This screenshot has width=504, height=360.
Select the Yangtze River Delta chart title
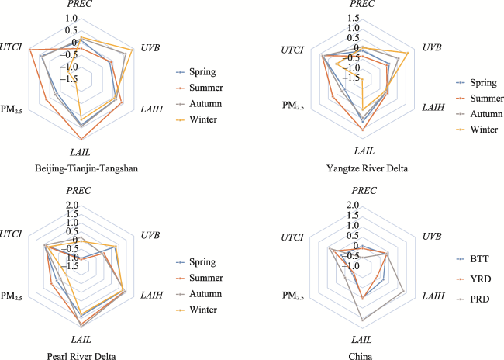364,168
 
